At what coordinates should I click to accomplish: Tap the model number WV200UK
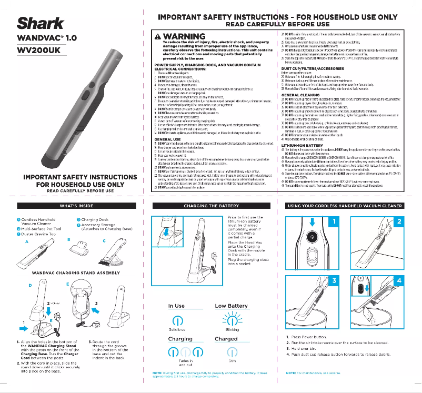click(39, 52)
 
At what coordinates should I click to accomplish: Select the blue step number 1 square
click(333, 221)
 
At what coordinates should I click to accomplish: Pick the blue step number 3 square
click(333, 281)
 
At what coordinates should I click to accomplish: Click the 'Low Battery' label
click(231, 306)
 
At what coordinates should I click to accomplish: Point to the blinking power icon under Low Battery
click(231, 320)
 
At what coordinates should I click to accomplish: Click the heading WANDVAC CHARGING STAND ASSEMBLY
click(69, 273)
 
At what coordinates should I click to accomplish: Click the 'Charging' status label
click(180, 339)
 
